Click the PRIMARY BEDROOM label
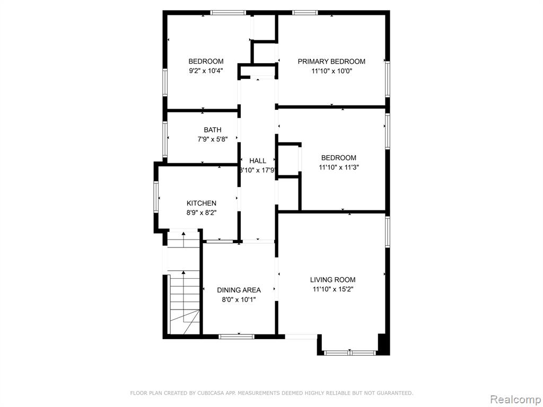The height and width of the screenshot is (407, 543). pos(331,61)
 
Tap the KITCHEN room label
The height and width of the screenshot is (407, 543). pos(201,203)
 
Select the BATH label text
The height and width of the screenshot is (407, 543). pos(212,130)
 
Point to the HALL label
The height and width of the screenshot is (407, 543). pos(258,161)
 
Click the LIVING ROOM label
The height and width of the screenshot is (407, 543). pos(332,280)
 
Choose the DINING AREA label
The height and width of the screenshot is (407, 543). pos(239,290)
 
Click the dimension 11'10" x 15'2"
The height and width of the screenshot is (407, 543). pos(333,289)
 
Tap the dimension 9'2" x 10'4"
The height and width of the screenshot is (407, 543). pos(206,71)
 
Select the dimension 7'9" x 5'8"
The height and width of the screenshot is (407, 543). pos(212,139)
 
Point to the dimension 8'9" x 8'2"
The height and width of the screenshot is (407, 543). pos(201,213)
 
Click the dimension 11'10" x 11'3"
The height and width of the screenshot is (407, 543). pos(339,167)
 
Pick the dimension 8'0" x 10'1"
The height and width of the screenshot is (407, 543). pos(239,300)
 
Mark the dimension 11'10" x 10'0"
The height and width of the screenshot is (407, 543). pos(331,72)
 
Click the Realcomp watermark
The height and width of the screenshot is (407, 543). pos(516,400)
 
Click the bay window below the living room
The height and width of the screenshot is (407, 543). pos(350,353)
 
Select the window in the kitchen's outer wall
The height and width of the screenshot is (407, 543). pos(156,197)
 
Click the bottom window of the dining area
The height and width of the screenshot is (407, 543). pos(237,337)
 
